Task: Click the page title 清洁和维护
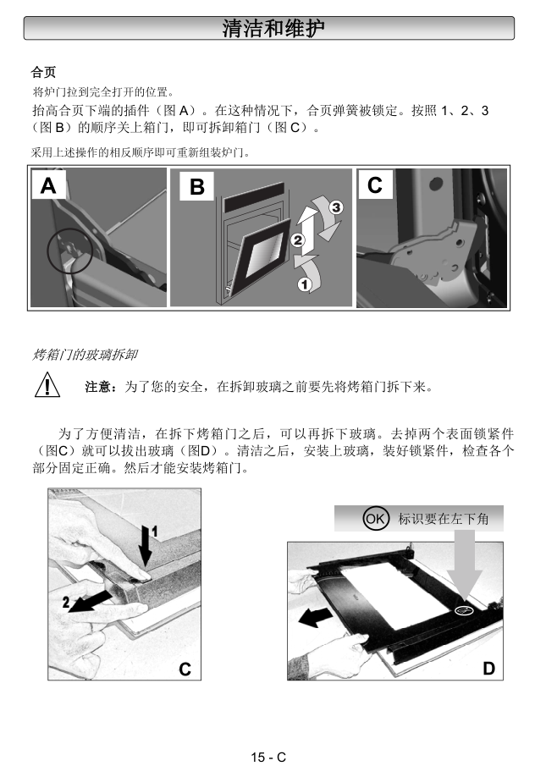pyautogui.click(x=273, y=28)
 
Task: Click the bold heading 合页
pyautogui.click(x=44, y=72)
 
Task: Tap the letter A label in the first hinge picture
pyautogui.click(x=48, y=185)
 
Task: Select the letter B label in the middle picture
pyautogui.click(x=197, y=187)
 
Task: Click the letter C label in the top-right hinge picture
pyautogui.click(x=375, y=185)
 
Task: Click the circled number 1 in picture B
pyautogui.click(x=304, y=284)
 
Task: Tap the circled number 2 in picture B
pyautogui.click(x=297, y=240)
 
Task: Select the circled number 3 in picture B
pyautogui.click(x=336, y=207)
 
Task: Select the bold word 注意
pyautogui.click(x=98, y=387)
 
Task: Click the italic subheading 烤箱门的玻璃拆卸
pyautogui.click(x=85, y=355)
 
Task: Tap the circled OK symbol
pyautogui.click(x=375, y=518)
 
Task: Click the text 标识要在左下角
pyautogui.click(x=444, y=519)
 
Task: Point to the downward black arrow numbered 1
pyautogui.click(x=145, y=546)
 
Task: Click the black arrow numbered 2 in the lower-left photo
pyautogui.click(x=90, y=601)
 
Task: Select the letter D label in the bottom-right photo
pyautogui.click(x=489, y=669)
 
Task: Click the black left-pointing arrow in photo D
pyautogui.click(x=316, y=617)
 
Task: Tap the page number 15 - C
pyautogui.click(x=268, y=758)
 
